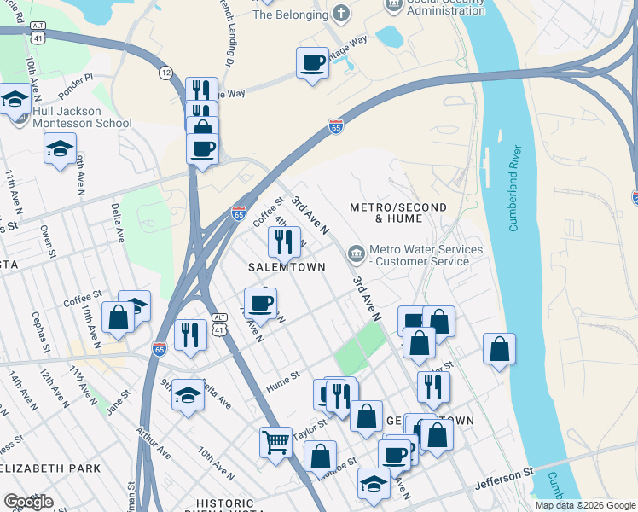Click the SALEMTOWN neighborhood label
287,267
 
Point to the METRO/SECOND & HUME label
386,213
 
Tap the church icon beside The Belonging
341,14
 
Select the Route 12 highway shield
165,74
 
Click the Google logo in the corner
28,502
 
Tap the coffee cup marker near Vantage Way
312,62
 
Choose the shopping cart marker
275,442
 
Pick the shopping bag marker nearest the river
499,348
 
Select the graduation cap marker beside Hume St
188,395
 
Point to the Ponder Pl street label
76,82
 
